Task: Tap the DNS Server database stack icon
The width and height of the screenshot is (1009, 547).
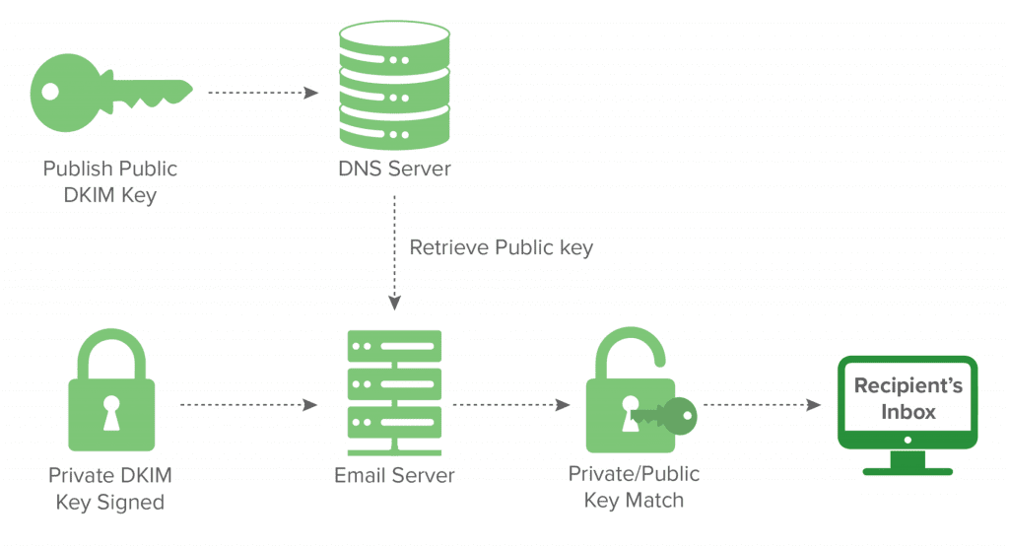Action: click(394, 88)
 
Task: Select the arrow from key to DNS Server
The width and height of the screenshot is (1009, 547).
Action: click(263, 94)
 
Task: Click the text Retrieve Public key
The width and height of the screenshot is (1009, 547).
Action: click(502, 247)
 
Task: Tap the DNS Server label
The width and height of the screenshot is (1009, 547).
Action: click(394, 169)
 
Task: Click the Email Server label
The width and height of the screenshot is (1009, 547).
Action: click(394, 475)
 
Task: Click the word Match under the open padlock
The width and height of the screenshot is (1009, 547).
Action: click(655, 500)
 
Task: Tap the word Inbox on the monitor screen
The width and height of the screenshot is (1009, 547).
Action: click(908, 410)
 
